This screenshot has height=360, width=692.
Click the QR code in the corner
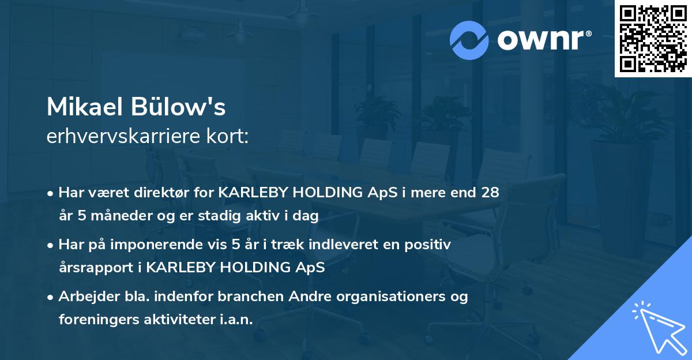pyautogui.click(x=653, y=39)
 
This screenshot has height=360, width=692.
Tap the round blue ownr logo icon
pyautogui.click(x=469, y=40)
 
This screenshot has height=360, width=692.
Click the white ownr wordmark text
pyautogui.click(x=544, y=40)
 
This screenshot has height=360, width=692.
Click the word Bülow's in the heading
pyautogui.click(x=178, y=107)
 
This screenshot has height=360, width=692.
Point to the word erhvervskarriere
pyautogui.click(x=123, y=136)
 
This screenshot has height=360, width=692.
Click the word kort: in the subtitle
pyautogui.click(x=228, y=136)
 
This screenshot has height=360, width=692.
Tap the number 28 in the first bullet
pyautogui.click(x=490, y=193)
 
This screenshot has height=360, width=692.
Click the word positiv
pyautogui.click(x=427, y=245)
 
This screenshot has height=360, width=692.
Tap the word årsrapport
pyautogui.click(x=96, y=268)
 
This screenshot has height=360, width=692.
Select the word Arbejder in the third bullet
pyautogui.click(x=89, y=297)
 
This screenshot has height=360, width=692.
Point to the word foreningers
pyautogui.click(x=99, y=319)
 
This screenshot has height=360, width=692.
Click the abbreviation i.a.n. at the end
pyautogui.click(x=236, y=319)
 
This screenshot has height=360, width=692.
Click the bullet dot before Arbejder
pyautogui.click(x=50, y=298)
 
